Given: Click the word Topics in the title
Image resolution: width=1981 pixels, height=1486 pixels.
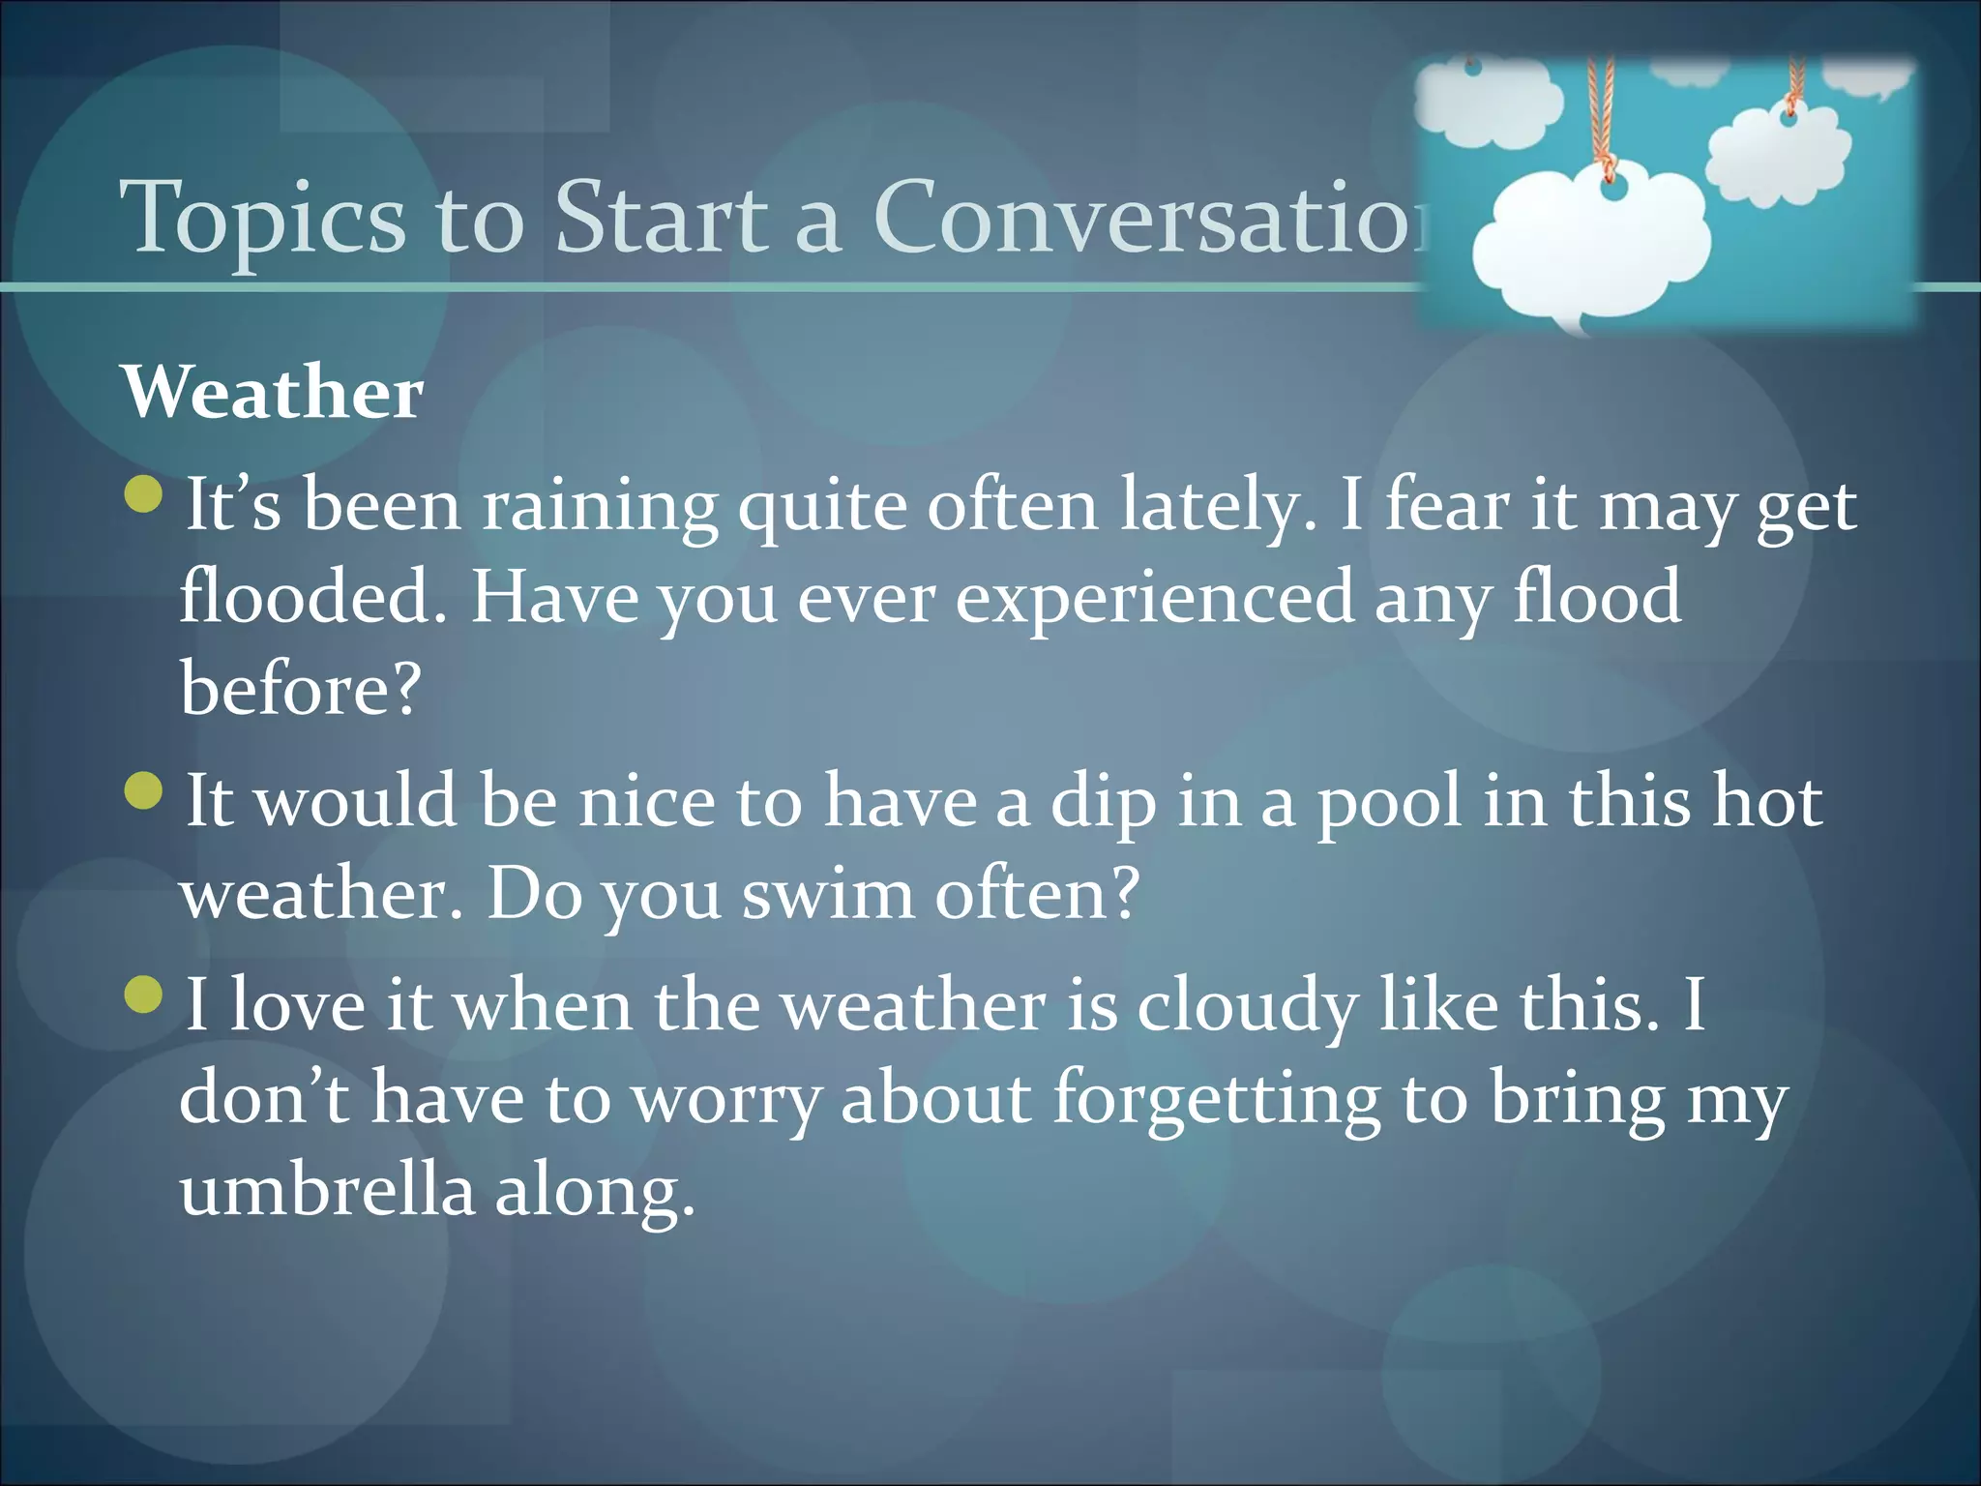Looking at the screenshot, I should [261, 220].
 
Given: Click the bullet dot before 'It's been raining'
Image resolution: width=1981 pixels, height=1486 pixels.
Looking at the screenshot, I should [144, 494].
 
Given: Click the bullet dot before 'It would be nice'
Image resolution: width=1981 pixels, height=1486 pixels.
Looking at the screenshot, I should [144, 790].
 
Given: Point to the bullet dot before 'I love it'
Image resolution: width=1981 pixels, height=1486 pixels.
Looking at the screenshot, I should [144, 995].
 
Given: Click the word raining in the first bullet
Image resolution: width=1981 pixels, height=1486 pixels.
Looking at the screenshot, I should [600, 507].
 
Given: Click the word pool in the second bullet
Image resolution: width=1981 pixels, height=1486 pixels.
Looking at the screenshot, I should [1389, 803].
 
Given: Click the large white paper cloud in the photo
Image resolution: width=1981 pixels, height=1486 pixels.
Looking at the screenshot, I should [1586, 252].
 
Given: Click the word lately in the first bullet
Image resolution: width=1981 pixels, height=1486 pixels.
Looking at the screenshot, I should [1217, 507].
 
